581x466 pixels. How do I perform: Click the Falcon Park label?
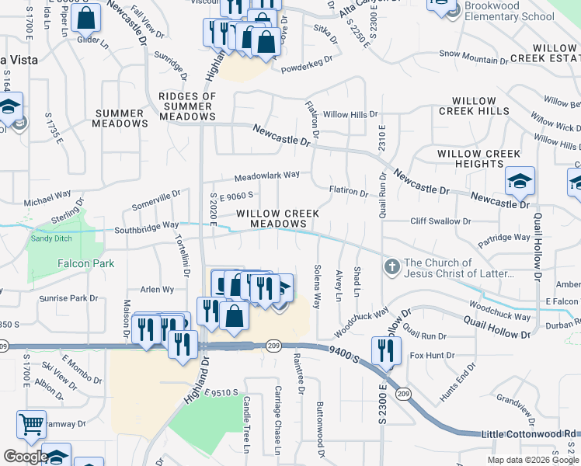click(x=85, y=263)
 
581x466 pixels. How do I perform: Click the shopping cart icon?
click(x=31, y=425)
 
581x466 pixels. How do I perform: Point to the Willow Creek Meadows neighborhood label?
click(x=271, y=218)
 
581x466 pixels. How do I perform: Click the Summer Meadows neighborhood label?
click(x=120, y=118)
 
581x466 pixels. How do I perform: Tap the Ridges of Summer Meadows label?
click(x=187, y=106)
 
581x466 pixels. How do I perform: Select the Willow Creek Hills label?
click(x=474, y=106)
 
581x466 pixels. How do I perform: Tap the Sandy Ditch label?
click(x=53, y=238)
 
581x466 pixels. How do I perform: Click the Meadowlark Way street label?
click(x=266, y=176)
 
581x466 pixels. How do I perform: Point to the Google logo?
click(x=25, y=457)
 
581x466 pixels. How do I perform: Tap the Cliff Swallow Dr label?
click(x=440, y=221)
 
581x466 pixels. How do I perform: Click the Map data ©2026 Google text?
click(x=533, y=460)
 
